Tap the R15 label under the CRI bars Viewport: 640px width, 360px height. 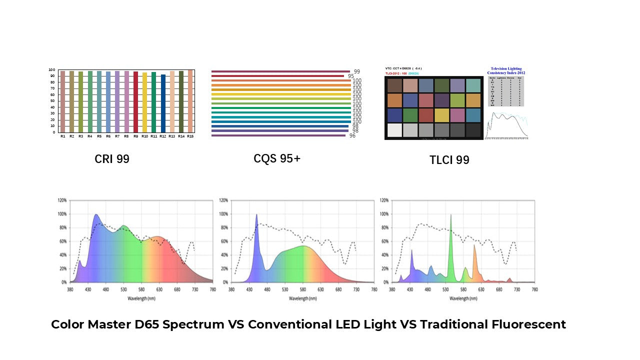click(x=190, y=136)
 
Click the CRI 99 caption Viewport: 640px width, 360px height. click(x=112, y=159)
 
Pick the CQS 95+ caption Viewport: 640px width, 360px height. click(x=277, y=158)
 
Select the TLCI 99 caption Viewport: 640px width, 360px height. click(x=449, y=160)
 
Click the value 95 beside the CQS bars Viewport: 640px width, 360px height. click(x=351, y=76)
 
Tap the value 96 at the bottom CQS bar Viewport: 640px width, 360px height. click(x=352, y=135)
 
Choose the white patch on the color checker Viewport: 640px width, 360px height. click(x=394, y=130)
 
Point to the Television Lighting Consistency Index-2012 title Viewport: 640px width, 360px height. click(x=506, y=70)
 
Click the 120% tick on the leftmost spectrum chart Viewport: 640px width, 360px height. click(x=62, y=200)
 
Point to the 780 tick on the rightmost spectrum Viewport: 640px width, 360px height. click(x=534, y=289)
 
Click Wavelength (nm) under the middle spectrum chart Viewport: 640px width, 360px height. click(x=302, y=298)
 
